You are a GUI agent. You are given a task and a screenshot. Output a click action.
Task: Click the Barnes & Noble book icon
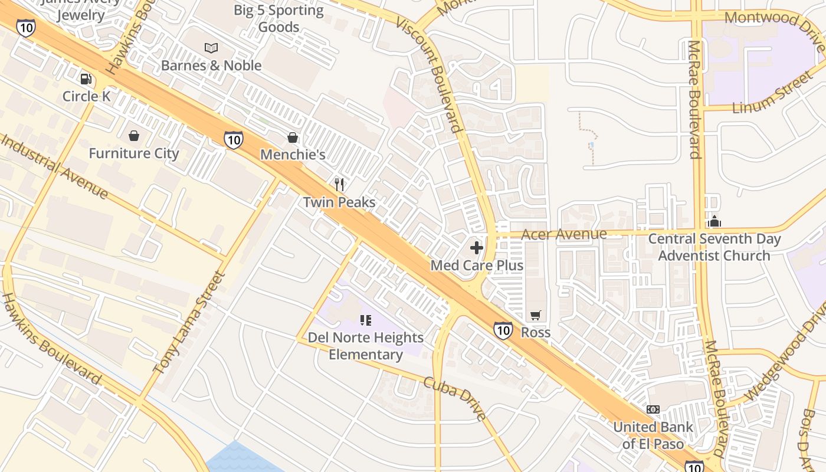pyautogui.click(x=211, y=48)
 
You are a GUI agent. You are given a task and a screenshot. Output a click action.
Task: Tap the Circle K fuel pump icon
pyautogui.click(x=86, y=78)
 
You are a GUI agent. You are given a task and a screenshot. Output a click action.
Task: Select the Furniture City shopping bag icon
pyautogui.click(x=134, y=136)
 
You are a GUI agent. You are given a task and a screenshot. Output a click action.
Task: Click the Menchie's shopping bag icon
pyautogui.click(x=293, y=137)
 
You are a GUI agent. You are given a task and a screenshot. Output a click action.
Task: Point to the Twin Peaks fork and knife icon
pyautogui.click(x=339, y=185)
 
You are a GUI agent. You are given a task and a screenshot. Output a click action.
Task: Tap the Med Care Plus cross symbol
pyautogui.click(x=477, y=248)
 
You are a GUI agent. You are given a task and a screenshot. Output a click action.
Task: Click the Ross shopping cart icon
pyautogui.click(x=535, y=316)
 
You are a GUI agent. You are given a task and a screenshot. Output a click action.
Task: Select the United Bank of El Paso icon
pyautogui.click(x=653, y=409)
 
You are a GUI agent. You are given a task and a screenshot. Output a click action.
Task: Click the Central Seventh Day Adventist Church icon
pyautogui.click(x=714, y=221)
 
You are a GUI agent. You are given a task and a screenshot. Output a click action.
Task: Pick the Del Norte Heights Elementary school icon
pyautogui.click(x=366, y=320)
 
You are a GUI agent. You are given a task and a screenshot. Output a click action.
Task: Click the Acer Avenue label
pyautogui.click(x=564, y=234)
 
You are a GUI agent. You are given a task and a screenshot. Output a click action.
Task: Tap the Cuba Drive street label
pyautogui.click(x=455, y=399)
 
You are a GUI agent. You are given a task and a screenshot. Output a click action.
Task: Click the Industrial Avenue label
pyautogui.click(x=54, y=166)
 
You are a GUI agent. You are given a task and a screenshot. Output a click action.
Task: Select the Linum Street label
pyautogui.click(x=772, y=93)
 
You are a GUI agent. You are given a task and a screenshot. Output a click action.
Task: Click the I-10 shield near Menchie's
pyautogui.click(x=234, y=140)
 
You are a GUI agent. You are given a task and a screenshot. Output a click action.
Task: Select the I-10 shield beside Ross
pyautogui.click(x=503, y=330)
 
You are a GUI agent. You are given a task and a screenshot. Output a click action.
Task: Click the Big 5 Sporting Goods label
pyautogui.click(x=278, y=18)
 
